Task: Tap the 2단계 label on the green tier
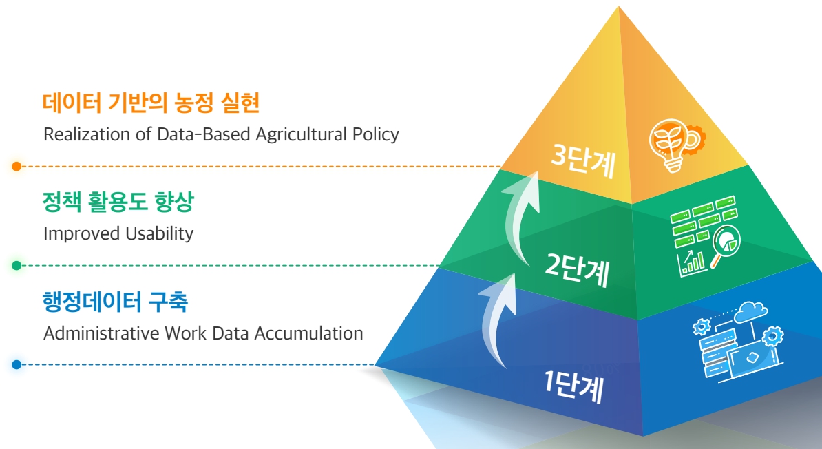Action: pyautogui.click(x=577, y=269)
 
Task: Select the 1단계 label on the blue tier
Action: pyautogui.click(x=573, y=387)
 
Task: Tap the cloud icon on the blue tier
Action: pyautogui.click(x=750, y=313)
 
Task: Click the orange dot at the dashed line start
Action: pyautogui.click(x=17, y=166)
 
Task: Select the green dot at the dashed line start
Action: pyautogui.click(x=17, y=265)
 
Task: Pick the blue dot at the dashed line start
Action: pyautogui.click(x=17, y=364)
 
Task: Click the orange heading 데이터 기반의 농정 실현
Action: pyautogui.click(x=151, y=103)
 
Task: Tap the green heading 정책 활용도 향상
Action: pyautogui.click(x=118, y=202)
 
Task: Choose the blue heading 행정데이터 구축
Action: pyautogui.click(x=115, y=302)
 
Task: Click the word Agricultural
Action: pyautogui.click(x=302, y=135)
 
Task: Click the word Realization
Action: pyautogui.click(x=87, y=134)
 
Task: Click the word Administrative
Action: pyautogui.click(x=102, y=333)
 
